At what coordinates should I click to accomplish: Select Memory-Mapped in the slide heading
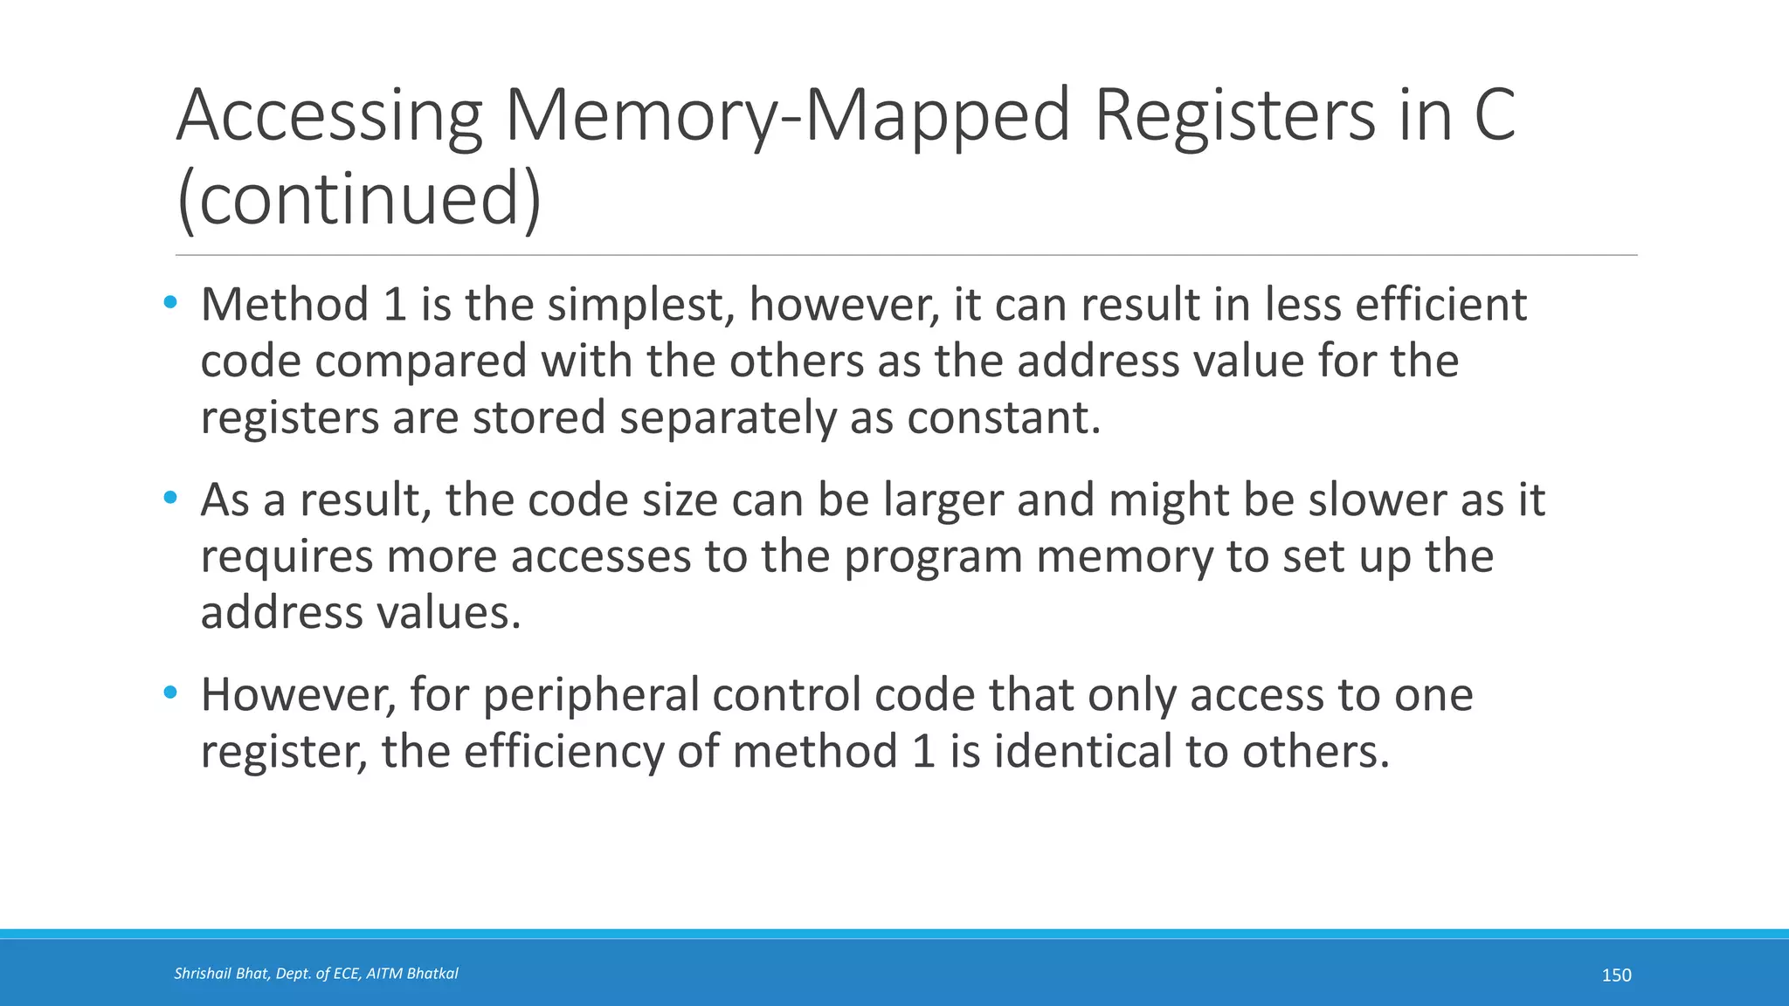787,117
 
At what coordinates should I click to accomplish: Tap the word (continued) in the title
359,199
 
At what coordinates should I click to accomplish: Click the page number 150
1616,975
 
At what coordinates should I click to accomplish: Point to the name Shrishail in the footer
202,974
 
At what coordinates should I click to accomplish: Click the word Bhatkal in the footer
432,974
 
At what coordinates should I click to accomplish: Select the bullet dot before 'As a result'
170,499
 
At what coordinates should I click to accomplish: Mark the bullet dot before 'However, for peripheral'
170,694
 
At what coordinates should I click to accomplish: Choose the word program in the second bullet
932,557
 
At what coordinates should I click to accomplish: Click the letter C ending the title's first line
1493,117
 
